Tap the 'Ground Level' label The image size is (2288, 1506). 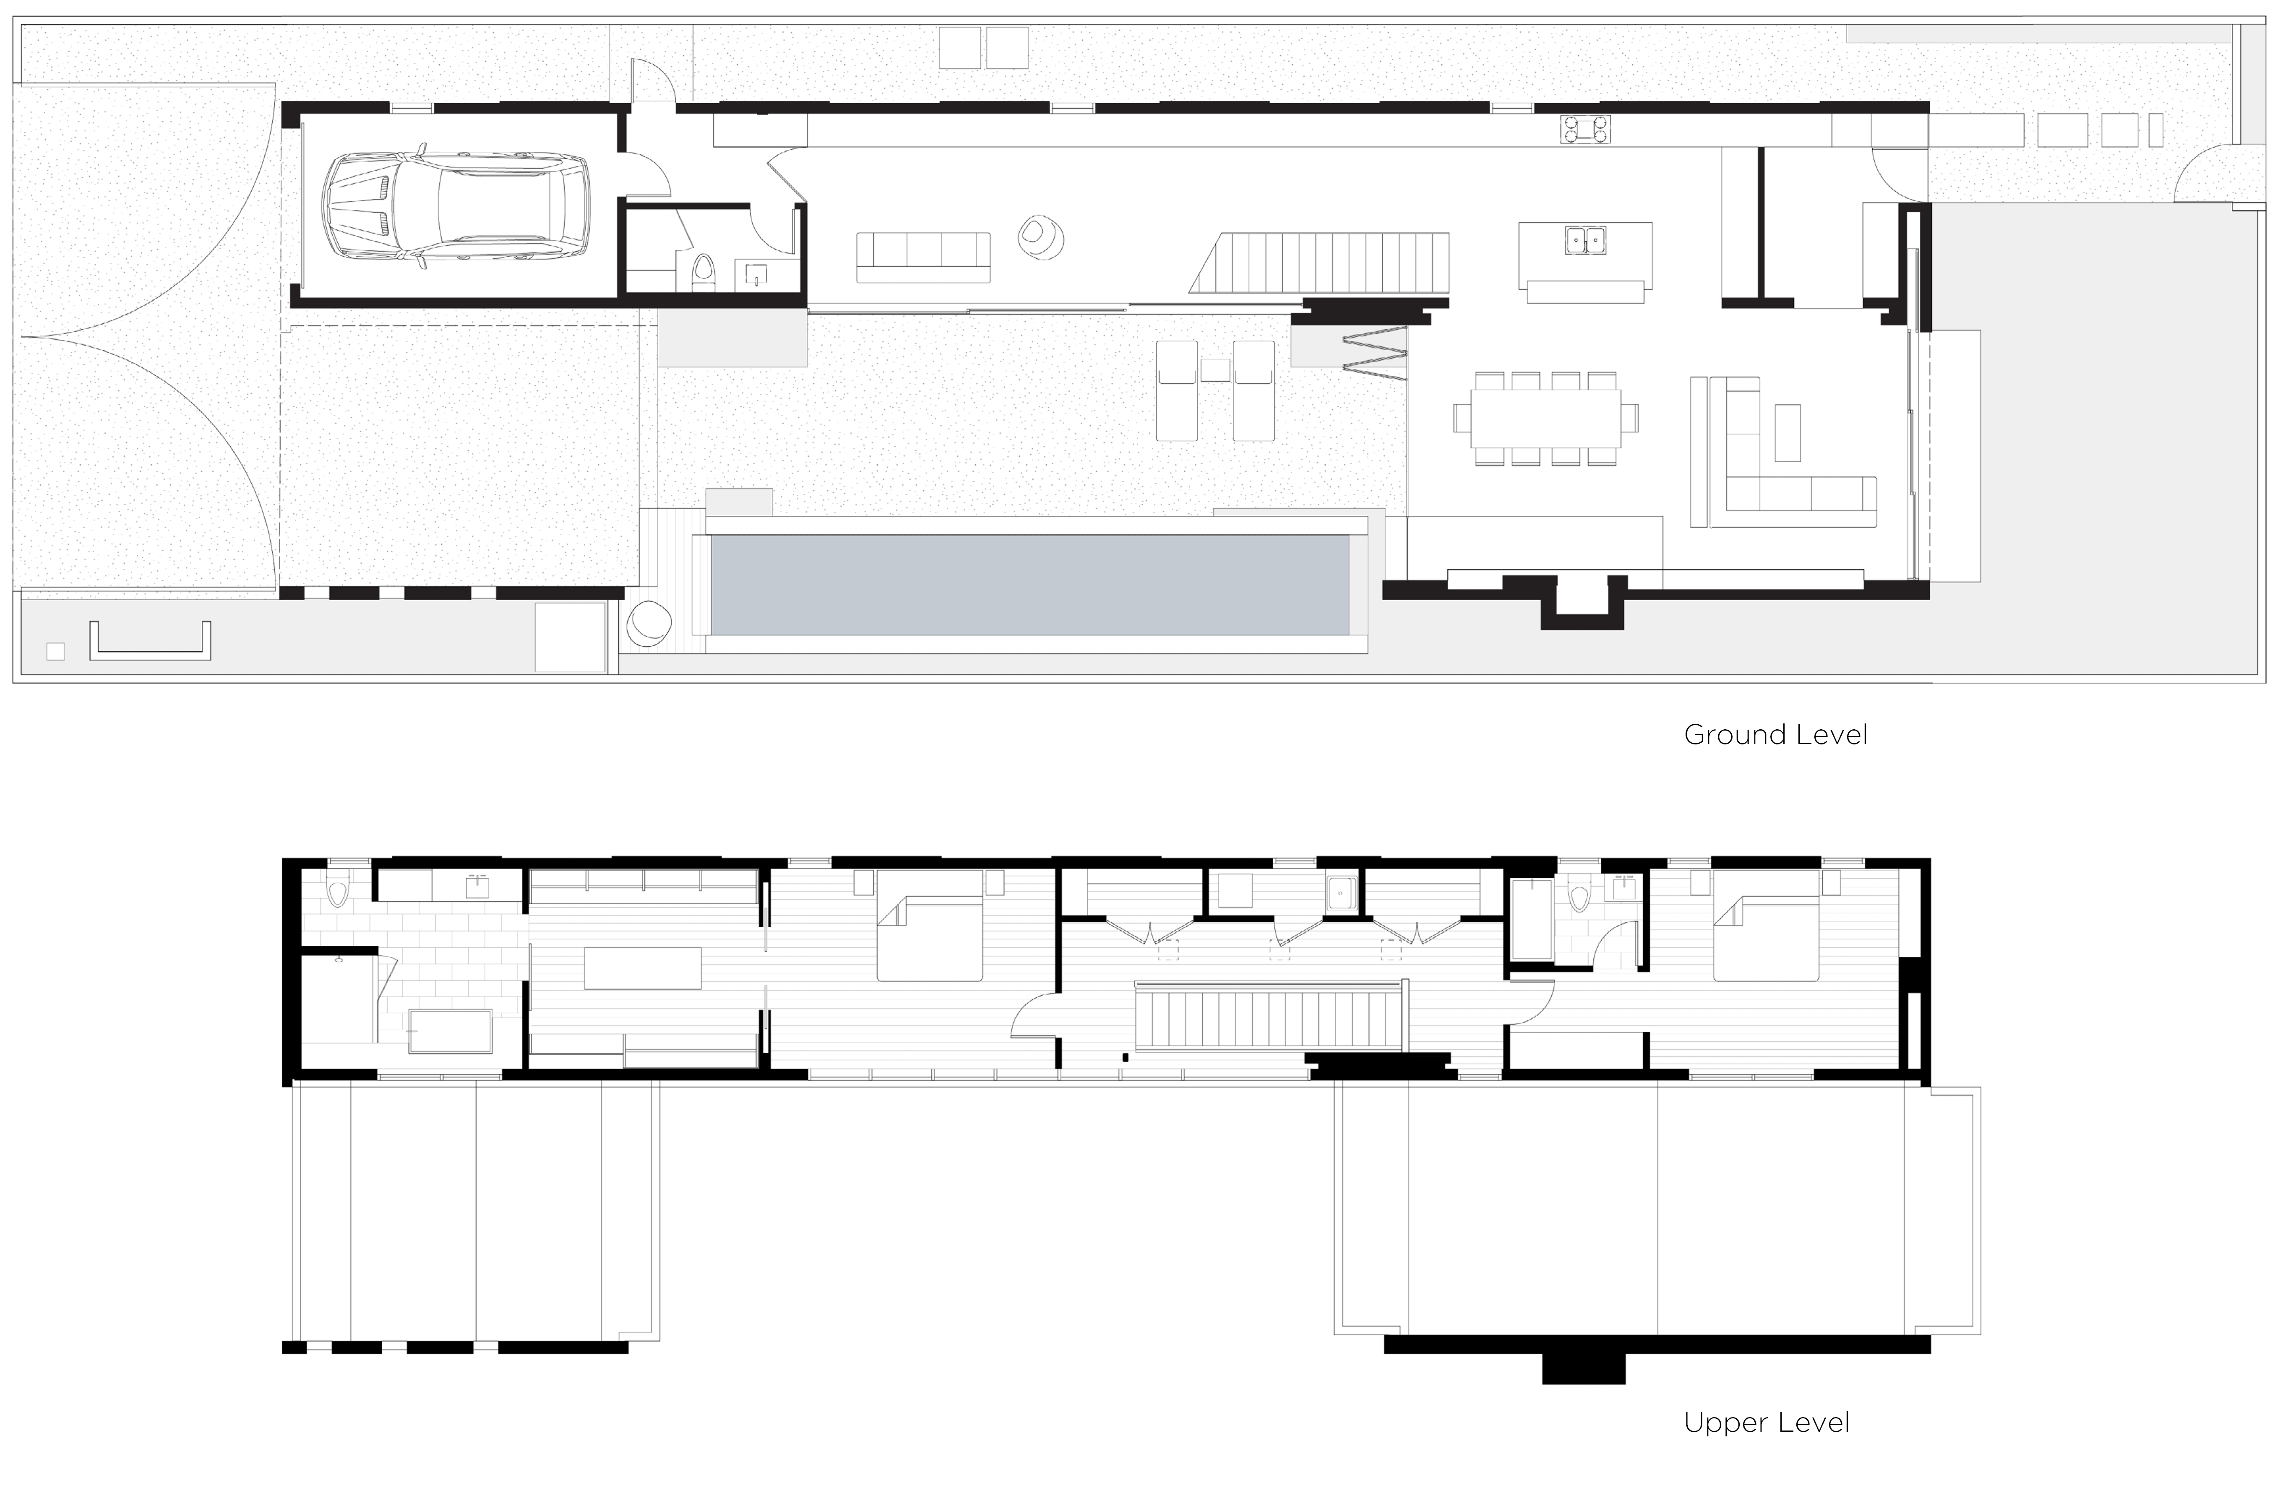point(1775,735)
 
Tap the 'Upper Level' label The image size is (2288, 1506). point(1766,1423)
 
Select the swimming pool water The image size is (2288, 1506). point(1029,584)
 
